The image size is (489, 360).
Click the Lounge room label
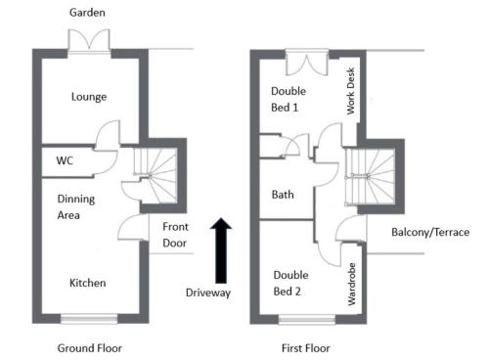[x=89, y=97]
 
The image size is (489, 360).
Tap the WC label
[x=65, y=160]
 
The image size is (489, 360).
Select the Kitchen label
[x=88, y=283]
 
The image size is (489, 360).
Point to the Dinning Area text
[x=76, y=207]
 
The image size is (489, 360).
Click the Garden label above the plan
[x=87, y=13]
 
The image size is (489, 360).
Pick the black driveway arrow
[x=221, y=250]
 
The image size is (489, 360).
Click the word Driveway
[x=208, y=292]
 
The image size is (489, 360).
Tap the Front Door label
[x=175, y=235]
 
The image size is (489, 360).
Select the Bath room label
[x=283, y=195]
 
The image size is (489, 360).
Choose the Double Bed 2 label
[x=290, y=283]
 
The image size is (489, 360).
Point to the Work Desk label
[x=350, y=91]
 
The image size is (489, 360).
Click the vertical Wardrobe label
[x=351, y=284]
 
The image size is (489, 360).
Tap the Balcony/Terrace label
[x=430, y=232]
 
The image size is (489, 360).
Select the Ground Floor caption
[x=90, y=348]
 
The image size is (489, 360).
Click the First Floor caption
[x=306, y=348]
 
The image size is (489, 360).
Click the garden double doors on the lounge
[x=89, y=40]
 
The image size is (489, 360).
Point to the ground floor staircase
[x=156, y=175]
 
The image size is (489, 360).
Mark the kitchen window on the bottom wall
[x=89, y=319]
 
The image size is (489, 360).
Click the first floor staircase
[x=370, y=177]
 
